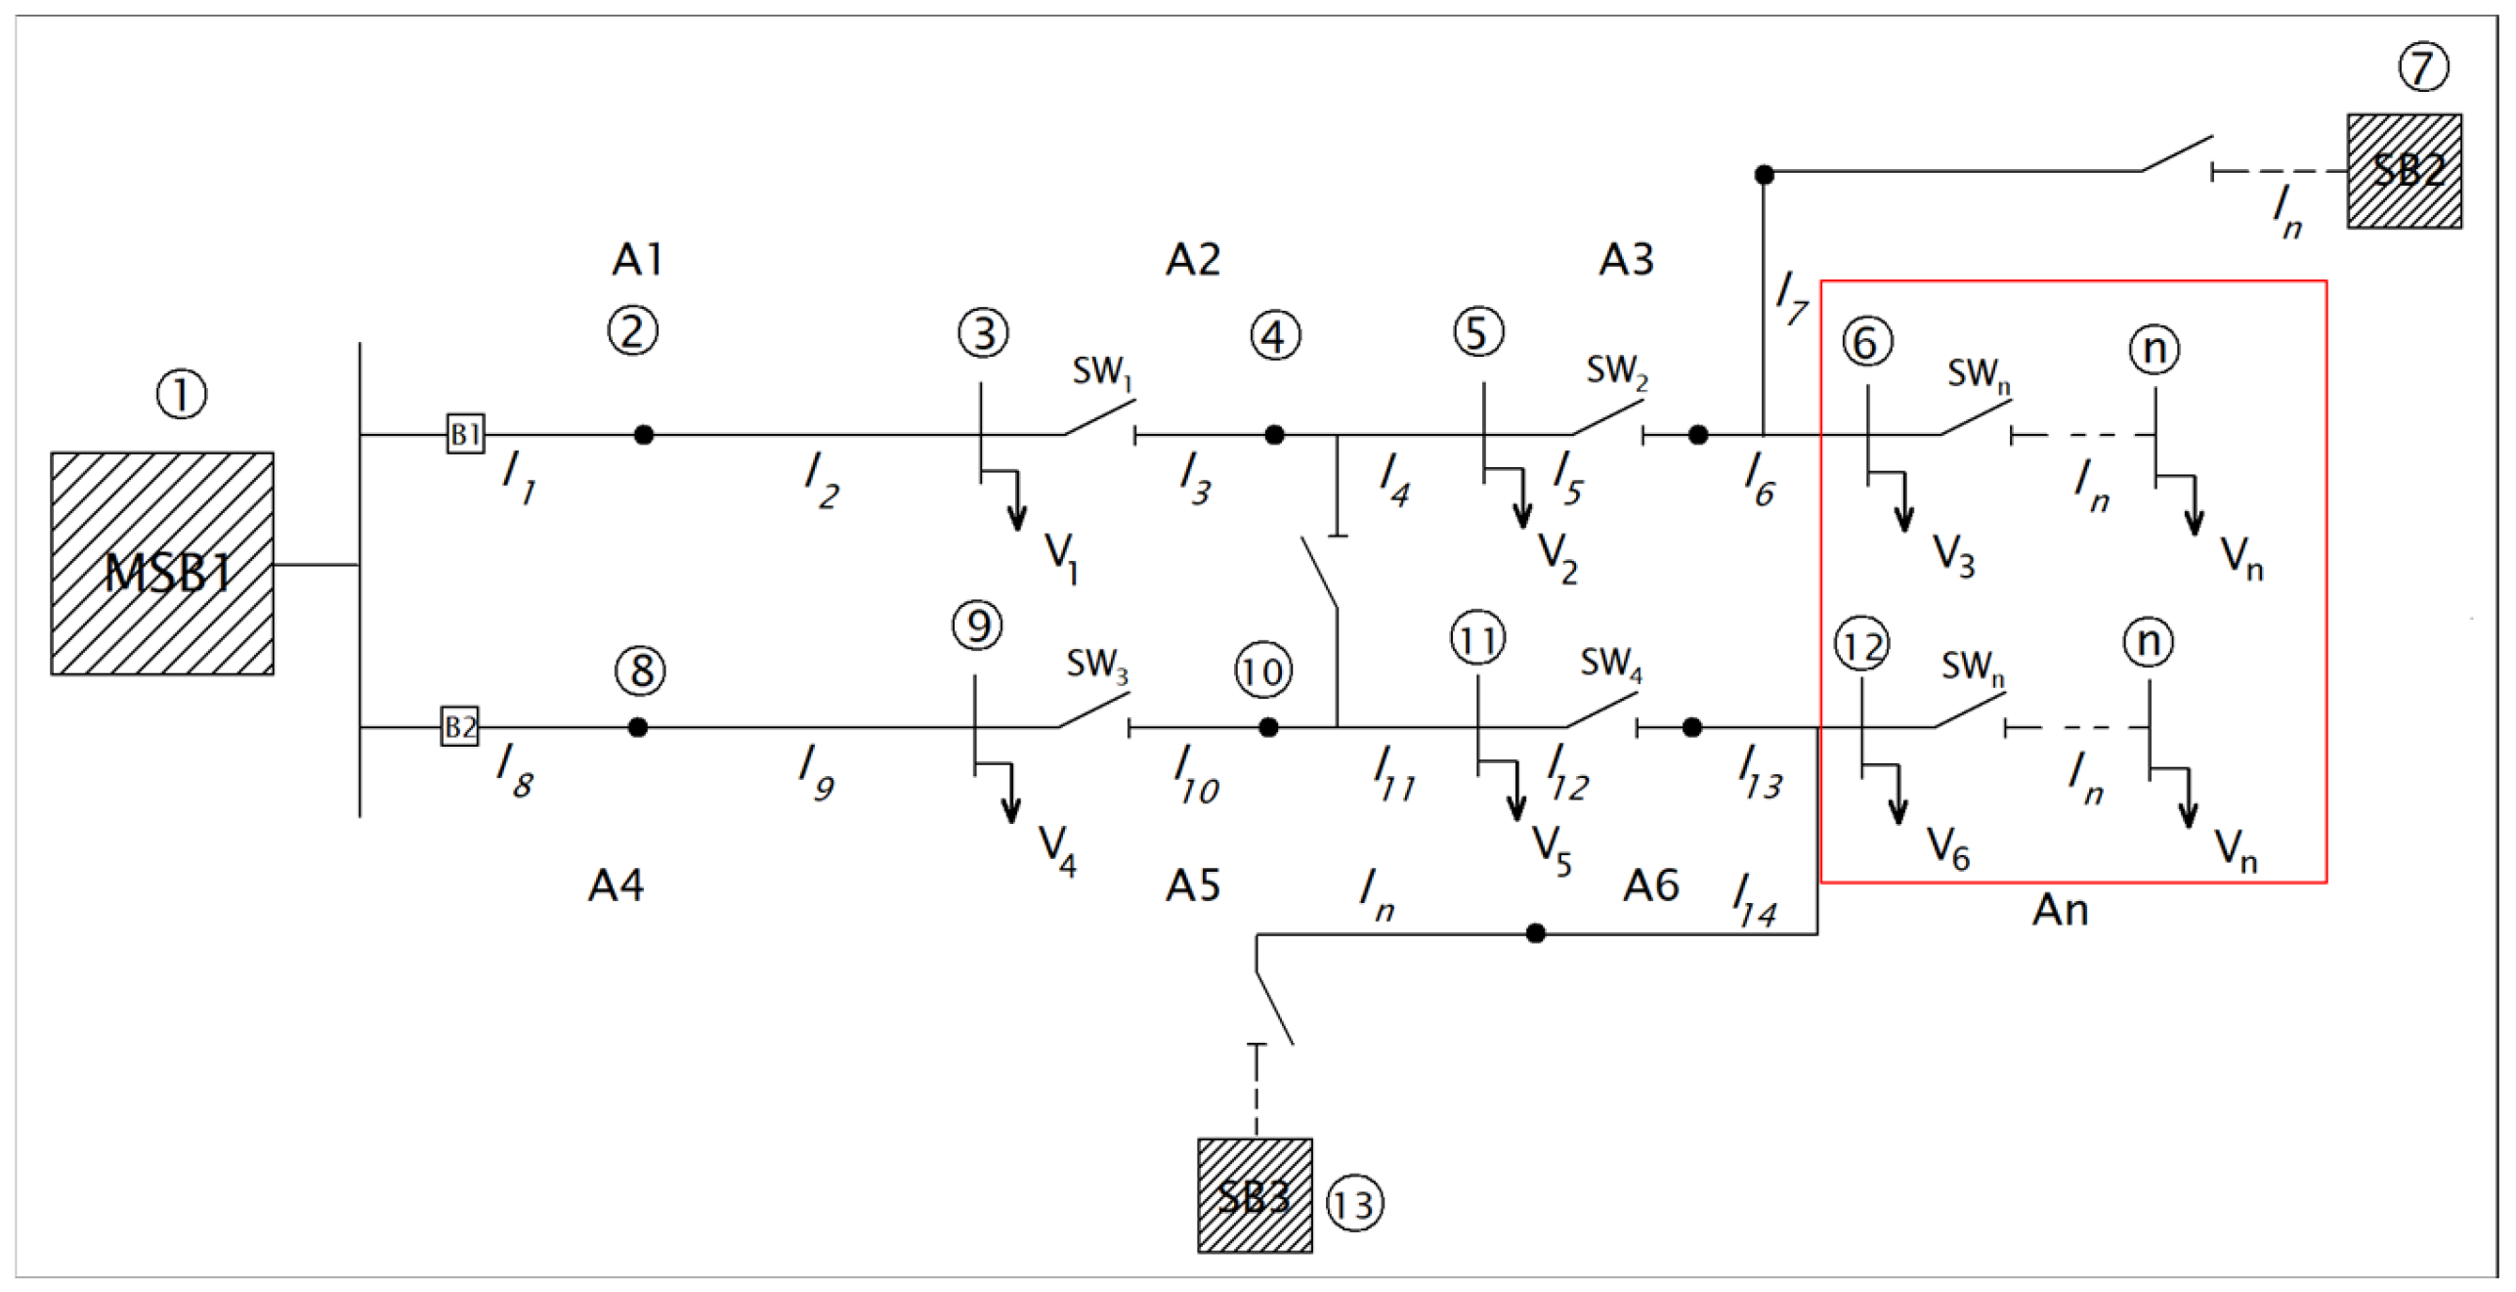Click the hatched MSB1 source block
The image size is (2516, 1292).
pos(162,564)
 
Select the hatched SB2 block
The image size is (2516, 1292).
pos(2404,171)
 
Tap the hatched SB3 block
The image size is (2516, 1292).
pos(1255,1195)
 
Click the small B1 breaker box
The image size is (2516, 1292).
pos(466,433)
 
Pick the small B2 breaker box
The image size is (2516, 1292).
pos(459,727)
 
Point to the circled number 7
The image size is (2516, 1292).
pos(2423,67)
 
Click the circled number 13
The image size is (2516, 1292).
pos(1354,1204)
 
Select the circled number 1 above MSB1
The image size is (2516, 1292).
pos(182,395)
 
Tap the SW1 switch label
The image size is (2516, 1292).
pos(1101,372)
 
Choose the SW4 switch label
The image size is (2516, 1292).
pos(1610,664)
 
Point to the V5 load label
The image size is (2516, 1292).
pos(1551,849)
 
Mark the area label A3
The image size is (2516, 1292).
pos(1626,260)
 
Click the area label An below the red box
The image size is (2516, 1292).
pos(2060,911)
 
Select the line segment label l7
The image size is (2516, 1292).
pos(1791,297)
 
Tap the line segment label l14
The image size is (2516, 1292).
pos(1754,900)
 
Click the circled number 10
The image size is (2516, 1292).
pos(1263,671)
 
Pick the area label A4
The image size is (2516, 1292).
pos(616,885)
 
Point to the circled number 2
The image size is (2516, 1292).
pos(632,331)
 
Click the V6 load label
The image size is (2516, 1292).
pos(1947,847)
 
